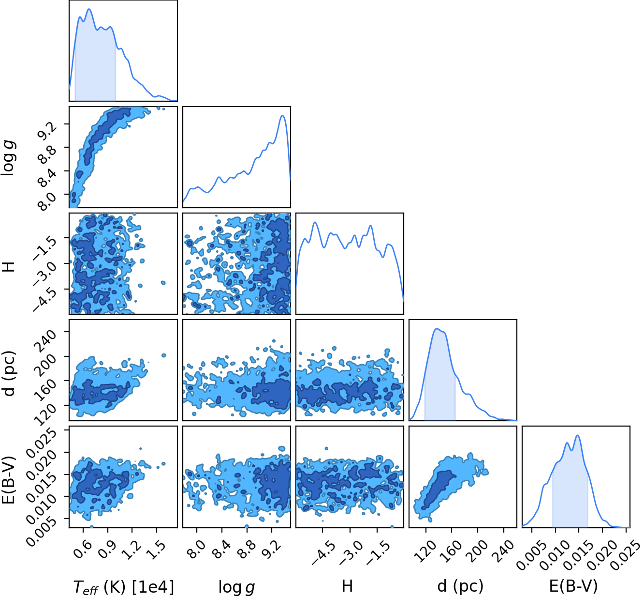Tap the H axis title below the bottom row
pyautogui.click(x=347, y=586)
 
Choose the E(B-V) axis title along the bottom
pyautogui.click(x=573, y=586)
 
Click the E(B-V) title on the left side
pyautogui.click(x=9, y=480)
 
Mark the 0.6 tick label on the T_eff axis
pyautogui.click(x=83, y=549)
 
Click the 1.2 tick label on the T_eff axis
pyautogui.click(x=132, y=549)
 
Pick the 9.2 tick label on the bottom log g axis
pyautogui.click(x=272, y=549)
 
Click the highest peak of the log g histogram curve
pyautogui.click(x=282, y=116)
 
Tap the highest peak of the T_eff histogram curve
pyautogui.click(x=89, y=9)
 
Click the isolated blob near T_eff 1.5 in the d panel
pyautogui.click(x=164, y=355)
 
